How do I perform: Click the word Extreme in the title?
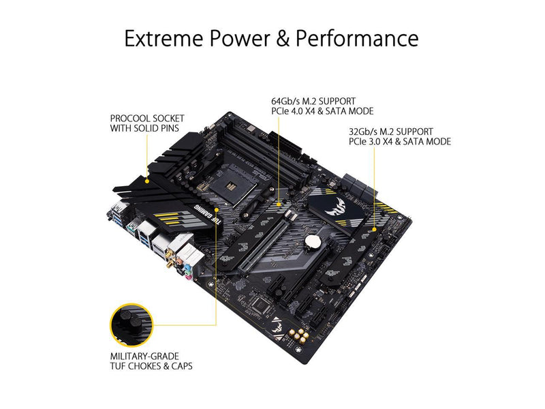[163, 38]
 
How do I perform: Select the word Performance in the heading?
[357, 38]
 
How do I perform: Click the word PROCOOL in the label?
[130, 119]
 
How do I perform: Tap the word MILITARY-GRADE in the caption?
[144, 356]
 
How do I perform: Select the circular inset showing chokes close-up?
[131, 325]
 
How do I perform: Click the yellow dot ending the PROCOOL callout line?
[147, 181]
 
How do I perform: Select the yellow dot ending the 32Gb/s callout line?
[374, 229]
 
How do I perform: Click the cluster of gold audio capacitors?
[299, 335]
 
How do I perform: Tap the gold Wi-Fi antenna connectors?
[169, 258]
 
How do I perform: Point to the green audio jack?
[186, 269]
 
